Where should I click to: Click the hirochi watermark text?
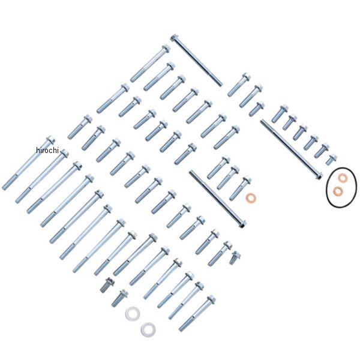(x=47, y=150)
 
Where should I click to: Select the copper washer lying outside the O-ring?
(x=251, y=198)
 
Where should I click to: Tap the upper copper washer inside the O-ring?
(x=343, y=178)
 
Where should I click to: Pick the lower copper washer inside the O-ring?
(x=338, y=191)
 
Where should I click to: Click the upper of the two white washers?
(x=133, y=313)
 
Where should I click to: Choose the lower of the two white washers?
(x=148, y=329)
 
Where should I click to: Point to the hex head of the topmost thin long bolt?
(x=175, y=38)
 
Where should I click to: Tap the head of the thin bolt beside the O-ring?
(x=319, y=176)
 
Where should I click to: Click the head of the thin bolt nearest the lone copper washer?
(x=242, y=224)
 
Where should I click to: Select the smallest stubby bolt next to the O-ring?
(x=331, y=159)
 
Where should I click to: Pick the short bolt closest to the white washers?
(x=119, y=298)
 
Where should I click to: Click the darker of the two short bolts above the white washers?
(x=107, y=285)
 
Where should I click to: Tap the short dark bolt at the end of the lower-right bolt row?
(x=235, y=257)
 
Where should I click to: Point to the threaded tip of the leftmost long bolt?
(x=5, y=187)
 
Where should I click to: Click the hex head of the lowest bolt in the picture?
(x=211, y=299)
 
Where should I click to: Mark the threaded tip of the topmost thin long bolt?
(x=220, y=84)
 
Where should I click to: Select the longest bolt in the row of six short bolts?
(x=280, y=114)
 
